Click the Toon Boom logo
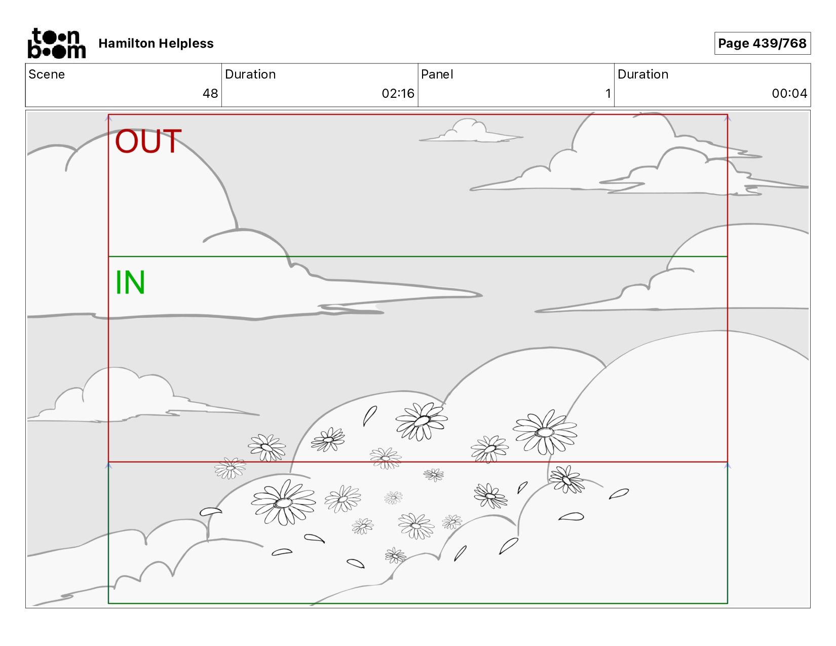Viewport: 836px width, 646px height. [x=56, y=44]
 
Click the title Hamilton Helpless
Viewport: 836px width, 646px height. [x=156, y=44]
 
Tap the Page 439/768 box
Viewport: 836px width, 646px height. [x=762, y=44]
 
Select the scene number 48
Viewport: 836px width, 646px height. [x=210, y=94]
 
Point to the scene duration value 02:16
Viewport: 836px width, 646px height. [x=398, y=94]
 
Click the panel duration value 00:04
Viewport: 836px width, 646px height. [x=789, y=94]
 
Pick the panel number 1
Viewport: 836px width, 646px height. [x=608, y=94]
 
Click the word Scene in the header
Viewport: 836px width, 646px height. [x=47, y=74]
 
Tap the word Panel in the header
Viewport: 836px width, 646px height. [x=437, y=74]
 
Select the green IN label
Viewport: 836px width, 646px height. [x=130, y=282]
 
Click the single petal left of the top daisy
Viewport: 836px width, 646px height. [x=369, y=416]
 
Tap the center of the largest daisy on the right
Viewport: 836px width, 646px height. [x=545, y=432]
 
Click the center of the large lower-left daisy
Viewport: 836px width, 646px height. [x=283, y=503]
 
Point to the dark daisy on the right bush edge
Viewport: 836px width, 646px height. [x=566, y=479]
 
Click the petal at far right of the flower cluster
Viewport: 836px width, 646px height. [x=619, y=493]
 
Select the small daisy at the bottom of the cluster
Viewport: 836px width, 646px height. [x=395, y=556]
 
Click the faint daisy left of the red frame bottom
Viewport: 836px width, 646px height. [x=230, y=468]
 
